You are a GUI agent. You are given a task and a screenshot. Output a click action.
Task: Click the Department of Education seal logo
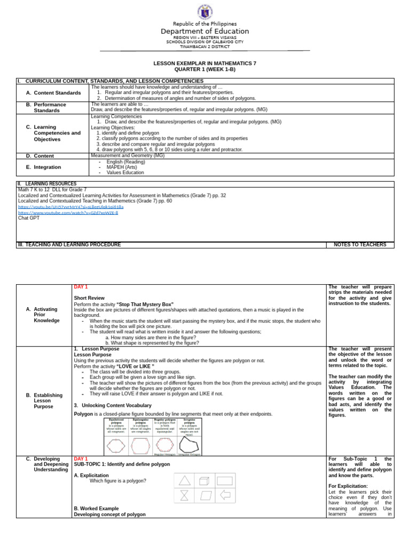pos(205,12)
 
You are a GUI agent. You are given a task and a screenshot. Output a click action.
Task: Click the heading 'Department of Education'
pos(205,31)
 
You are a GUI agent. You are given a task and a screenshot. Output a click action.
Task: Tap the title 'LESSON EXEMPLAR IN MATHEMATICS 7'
pos(205,63)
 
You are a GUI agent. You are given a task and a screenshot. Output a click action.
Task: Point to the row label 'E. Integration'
pos(48,167)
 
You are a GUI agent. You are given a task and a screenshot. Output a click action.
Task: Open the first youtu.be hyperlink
pos(70,207)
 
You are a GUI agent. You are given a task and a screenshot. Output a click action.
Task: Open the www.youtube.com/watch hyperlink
pos(68,212)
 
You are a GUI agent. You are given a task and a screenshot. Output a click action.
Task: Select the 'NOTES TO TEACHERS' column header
pos(360,245)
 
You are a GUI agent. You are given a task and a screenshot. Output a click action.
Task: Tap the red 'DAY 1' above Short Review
pos(81,287)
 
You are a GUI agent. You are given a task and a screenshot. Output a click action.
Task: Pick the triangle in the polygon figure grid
pos(184,480)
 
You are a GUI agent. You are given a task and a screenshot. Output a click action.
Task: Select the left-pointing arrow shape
pos(225,495)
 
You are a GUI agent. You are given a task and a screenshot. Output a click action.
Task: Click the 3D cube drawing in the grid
pos(204,481)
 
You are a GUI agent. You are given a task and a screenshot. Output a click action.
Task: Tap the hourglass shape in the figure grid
pos(184,495)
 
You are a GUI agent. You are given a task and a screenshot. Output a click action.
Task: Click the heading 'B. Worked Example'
pos(96,509)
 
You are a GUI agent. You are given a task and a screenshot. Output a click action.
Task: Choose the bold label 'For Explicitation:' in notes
pos(348,486)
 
